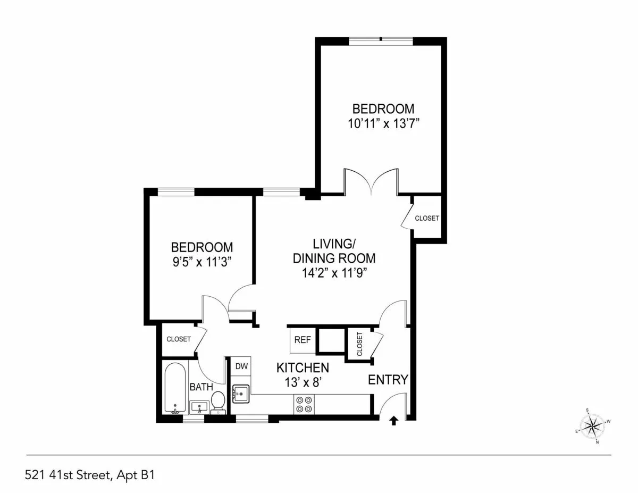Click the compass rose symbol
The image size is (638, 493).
pos(592,426)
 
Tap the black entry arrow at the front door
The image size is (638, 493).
pos(393,421)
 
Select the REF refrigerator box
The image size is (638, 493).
pos(303,340)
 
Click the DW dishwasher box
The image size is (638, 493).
pos(241,366)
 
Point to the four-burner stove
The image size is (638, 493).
pos(304,404)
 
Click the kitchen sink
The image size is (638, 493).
pos(241,394)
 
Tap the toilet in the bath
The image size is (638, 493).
pos(218,402)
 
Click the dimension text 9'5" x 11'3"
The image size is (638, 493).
pos(202,262)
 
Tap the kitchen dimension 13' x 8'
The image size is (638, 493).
pos(303,381)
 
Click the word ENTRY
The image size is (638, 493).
pos(388,380)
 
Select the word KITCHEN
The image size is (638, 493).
pos(303,367)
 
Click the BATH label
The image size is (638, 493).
pos(202,387)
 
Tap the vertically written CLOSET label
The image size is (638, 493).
pos(359,344)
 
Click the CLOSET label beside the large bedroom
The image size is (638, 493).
pos(427,218)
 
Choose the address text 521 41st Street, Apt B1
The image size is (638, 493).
pos(90,474)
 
